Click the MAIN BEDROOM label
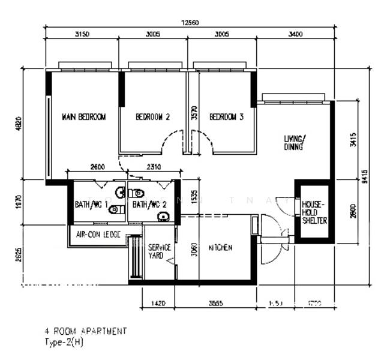point(83,117)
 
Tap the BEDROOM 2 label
point(152,117)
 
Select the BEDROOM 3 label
point(226,117)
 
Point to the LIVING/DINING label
point(295,142)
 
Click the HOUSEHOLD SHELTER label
point(314,212)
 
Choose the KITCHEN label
point(220,248)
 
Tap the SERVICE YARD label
point(159,251)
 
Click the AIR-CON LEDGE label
point(98,235)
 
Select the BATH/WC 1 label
point(91,205)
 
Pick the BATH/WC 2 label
point(149,205)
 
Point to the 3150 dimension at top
point(82,34)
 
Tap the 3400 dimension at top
point(295,34)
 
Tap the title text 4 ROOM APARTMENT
point(86,331)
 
